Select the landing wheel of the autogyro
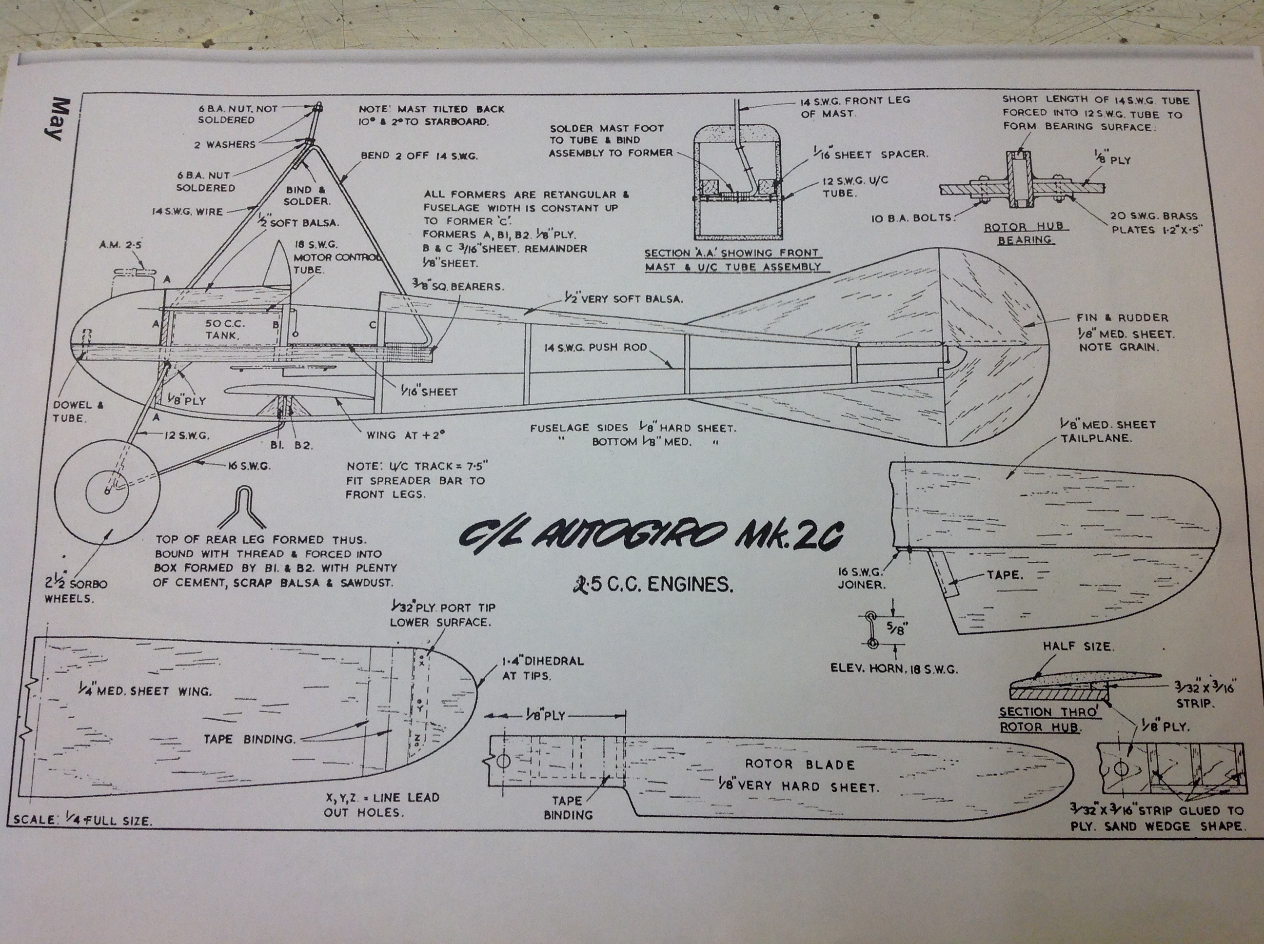[x=107, y=491]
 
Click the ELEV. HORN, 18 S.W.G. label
[x=893, y=669]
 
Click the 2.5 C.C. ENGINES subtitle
[x=653, y=585]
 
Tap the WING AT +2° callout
[x=405, y=435]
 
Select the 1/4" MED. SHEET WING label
[x=145, y=690]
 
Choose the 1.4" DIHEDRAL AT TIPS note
[x=542, y=669]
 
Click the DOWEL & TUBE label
[x=79, y=412]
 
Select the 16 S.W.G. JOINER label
[x=861, y=578]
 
